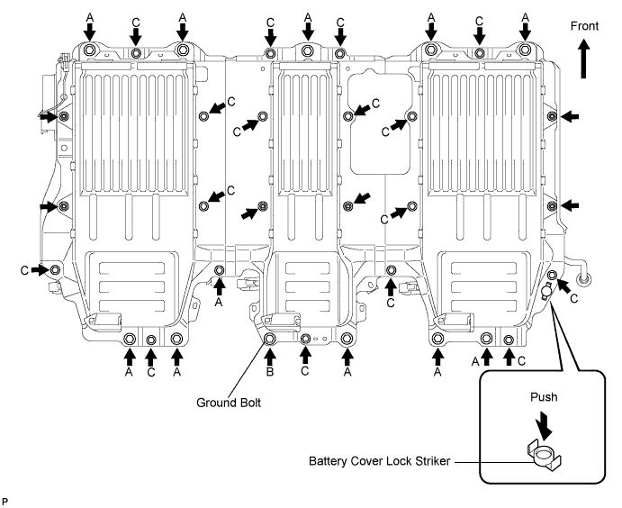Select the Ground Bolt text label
click(x=229, y=403)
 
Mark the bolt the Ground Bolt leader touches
click(x=270, y=339)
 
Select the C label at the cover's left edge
click(x=23, y=269)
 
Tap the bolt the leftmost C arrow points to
click(x=56, y=269)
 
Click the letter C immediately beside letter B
click(x=305, y=370)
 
